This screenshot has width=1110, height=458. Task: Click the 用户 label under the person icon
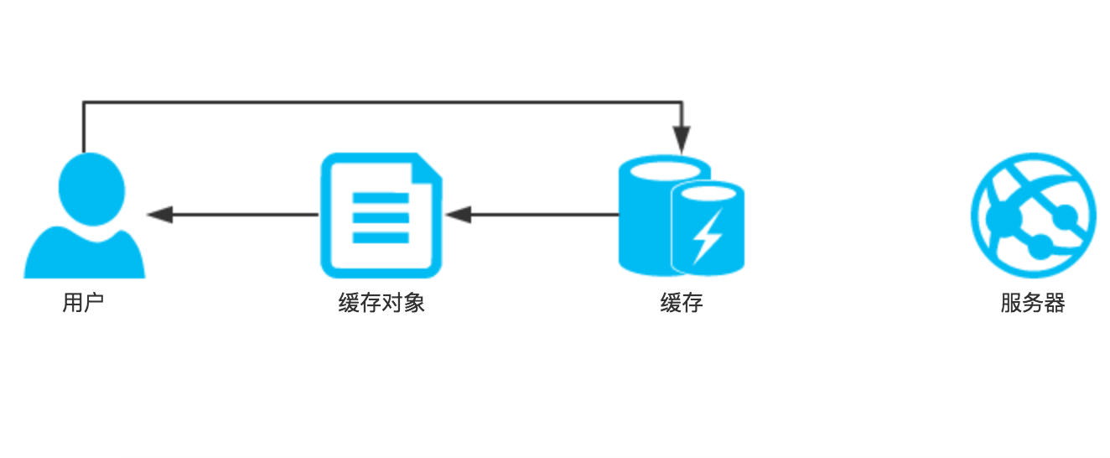(x=83, y=303)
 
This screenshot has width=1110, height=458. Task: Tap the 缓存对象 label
(x=381, y=303)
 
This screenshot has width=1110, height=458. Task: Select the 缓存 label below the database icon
(x=682, y=303)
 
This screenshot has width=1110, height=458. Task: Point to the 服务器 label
(x=1033, y=303)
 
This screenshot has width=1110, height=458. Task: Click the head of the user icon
(x=91, y=189)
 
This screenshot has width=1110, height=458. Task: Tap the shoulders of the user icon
(x=84, y=255)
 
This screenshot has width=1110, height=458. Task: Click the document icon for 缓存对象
(x=381, y=216)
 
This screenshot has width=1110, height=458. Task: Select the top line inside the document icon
(x=381, y=198)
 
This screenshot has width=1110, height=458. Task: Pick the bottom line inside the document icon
(x=381, y=237)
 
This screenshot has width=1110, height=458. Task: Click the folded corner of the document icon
(x=428, y=168)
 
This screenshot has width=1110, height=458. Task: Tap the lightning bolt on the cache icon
(x=707, y=236)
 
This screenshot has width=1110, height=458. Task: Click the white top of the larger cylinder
(x=665, y=171)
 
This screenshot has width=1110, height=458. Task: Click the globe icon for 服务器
(x=1033, y=216)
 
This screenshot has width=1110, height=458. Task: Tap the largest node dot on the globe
(x=1004, y=219)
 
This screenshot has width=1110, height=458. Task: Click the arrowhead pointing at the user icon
(x=159, y=215)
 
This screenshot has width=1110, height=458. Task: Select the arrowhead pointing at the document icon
(x=458, y=215)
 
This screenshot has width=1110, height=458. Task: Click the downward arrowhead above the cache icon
(x=682, y=139)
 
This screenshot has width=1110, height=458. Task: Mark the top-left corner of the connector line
(x=83, y=102)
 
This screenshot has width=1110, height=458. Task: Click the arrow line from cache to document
(x=532, y=215)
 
